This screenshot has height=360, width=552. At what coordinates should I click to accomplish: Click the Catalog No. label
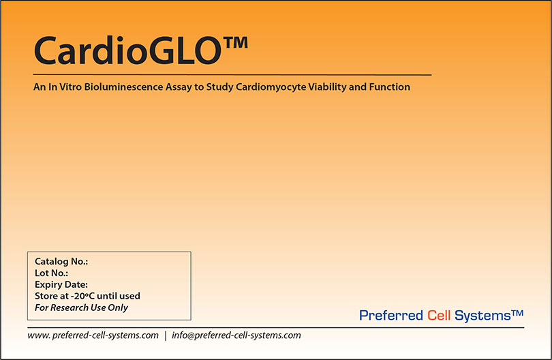click(x=61, y=261)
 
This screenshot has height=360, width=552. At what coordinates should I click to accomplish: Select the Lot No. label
click(x=51, y=273)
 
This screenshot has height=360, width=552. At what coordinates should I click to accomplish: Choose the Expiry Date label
click(x=61, y=284)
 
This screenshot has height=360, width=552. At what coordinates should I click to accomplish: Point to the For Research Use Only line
click(x=81, y=307)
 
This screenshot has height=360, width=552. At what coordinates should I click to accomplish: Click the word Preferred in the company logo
click(x=391, y=315)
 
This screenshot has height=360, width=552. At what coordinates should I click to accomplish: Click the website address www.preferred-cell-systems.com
click(x=93, y=335)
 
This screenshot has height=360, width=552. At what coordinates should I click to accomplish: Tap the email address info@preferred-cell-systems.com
click(x=236, y=335)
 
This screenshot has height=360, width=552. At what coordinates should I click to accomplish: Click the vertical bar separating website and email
click(x=165, y=335)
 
